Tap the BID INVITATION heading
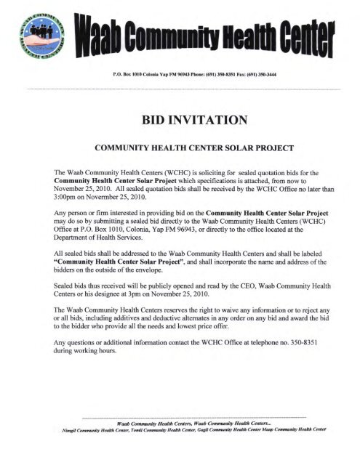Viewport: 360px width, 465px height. click(178, 119)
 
